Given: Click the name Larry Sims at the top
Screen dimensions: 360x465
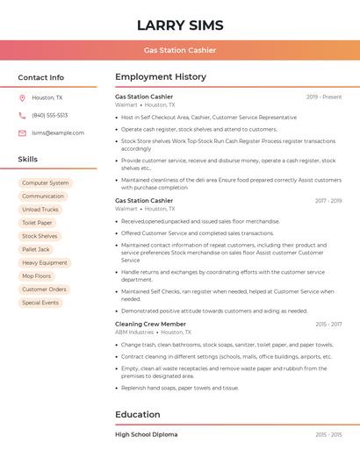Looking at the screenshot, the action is pyautogui.click(x=180, y=25).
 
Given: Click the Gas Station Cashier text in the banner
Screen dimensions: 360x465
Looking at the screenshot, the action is pyautogui.click(x=180, y=50).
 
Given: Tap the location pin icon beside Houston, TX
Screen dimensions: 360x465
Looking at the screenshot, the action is pyautogui.click(x=22, y=97).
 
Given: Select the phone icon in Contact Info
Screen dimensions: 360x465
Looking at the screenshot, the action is pyautogui.click(x=22, y=115).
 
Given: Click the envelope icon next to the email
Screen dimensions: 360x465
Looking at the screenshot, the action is pyautogui.click(x=22, y=132).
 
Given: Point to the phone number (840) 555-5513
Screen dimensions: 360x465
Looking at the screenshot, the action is pyautogui.click(x=49, y=115).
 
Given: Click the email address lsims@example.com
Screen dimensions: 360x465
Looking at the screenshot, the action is pyautogui.click(x=58, y=132).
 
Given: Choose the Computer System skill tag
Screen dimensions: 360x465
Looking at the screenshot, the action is pyautogui.click(x=45, y=183).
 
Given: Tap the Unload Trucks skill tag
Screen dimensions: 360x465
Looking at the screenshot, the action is pyautogui.click(x=40, y=210).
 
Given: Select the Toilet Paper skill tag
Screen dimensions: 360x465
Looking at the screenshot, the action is pyautogui.click(x=37, y=223).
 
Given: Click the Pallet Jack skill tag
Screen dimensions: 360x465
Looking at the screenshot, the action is pyautogui.click(x=36, y=249).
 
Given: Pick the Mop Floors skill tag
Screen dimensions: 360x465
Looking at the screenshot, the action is pyautogui.click(x=37, y=275).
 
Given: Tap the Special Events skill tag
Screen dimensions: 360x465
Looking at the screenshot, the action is pyautogui.click(x=40, y=303).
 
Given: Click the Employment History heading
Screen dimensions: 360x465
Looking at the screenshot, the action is pyautogui.click(x=161, y=77).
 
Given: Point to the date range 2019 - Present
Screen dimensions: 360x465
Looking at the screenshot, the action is pyautogui.click(x=324, y=97).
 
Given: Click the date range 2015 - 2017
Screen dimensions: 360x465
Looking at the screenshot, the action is pyautogui.click(x=328, y=324).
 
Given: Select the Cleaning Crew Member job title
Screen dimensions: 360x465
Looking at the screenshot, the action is pyautogui.click(x=150, y=324).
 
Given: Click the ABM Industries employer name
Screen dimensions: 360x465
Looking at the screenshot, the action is pyautogui.click(x=134, y=333).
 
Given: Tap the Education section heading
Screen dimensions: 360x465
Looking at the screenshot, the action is pyautogui.click(x=137, y=414).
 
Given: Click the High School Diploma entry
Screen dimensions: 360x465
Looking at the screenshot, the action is pyautogui.click(x=146, y=434).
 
